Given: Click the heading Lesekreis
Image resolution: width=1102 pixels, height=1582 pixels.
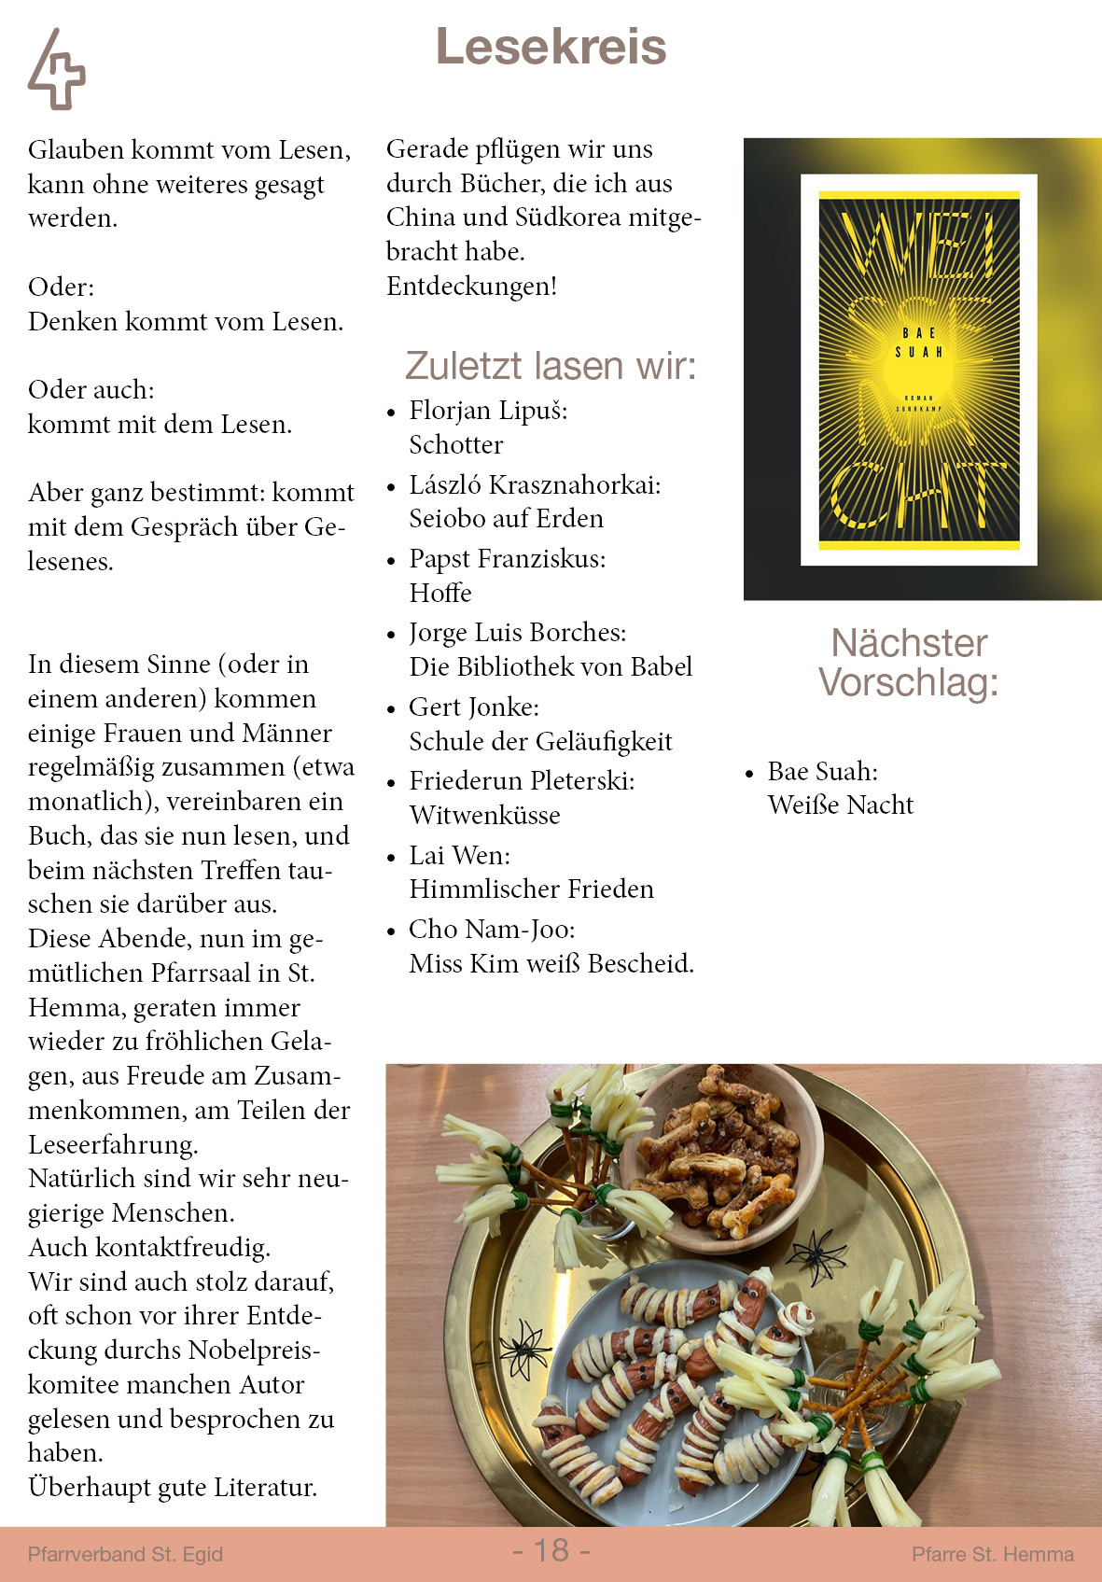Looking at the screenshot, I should pos(551,47).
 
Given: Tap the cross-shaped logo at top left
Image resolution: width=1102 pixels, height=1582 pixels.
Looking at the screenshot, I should pos(57,71).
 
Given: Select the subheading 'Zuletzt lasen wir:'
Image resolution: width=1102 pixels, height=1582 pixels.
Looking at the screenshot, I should pos(551,366).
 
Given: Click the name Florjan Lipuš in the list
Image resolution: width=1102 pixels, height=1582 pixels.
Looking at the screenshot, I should pos(488,411).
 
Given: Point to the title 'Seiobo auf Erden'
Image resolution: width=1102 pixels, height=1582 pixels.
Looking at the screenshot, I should pos(506,519).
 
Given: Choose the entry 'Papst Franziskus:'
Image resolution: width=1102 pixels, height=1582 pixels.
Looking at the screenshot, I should pos(507,559).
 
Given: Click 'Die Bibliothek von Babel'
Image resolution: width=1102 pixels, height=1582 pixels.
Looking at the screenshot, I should pos(551,667).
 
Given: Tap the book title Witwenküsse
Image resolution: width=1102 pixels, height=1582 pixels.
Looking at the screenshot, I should pos(484,816).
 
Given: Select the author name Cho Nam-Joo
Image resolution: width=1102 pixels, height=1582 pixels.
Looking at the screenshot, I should pos(492,930).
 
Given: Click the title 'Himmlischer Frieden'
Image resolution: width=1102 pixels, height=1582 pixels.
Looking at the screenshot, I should pos(531,889).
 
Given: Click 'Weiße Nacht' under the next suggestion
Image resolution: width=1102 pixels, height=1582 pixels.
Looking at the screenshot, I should pos(840,805).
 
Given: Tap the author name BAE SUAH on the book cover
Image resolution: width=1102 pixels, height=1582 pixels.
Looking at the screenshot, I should pos(919,343).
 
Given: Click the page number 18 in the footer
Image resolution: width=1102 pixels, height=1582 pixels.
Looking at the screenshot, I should pos(551,1550).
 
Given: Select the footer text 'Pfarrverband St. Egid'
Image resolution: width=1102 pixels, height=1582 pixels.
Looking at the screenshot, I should pos(125,1554).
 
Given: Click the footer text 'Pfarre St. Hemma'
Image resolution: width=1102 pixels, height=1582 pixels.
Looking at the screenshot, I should pos(992,1554).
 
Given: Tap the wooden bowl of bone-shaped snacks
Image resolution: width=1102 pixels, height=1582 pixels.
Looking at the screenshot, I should pos(719,1156).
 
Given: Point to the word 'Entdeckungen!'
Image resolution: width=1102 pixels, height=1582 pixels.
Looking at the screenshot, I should pos(471,287).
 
